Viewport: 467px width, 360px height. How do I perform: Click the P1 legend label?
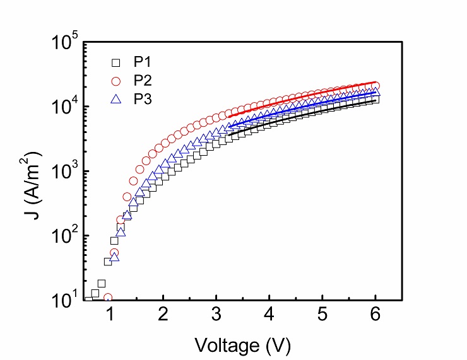click(141, 62)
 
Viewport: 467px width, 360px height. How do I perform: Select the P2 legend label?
click(141, 81)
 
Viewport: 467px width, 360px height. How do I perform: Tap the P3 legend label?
click(141, 99)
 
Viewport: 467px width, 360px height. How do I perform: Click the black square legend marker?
click(115, 62)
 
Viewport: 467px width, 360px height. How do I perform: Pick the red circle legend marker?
click(115, 81)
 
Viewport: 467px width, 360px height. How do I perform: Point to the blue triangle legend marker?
click(115, 99)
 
